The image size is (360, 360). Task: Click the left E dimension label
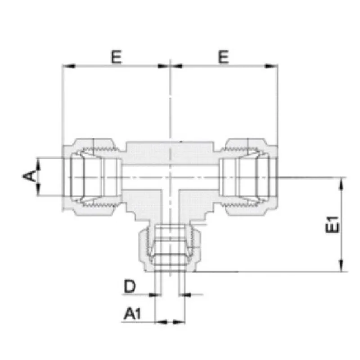pyautogui.click(x=117, y=57)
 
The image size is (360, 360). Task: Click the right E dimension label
pyautogui.click(x=223, y=57)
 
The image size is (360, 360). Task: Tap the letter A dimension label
pyautogui.click(x=29, y=176)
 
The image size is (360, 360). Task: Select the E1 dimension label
pyautogui.click(x=332, y=225)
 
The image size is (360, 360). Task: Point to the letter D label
pyautogui.click(x=130, y=286)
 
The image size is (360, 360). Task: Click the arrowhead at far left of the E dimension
pyautogui.click(x=69, y=66)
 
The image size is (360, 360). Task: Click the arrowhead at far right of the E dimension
pyautogui.click(x=271, y=66)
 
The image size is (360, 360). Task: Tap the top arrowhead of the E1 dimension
pyautogui.click(x=342, y=184)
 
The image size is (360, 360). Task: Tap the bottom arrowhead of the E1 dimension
pyautogui.click(x=342, y=265)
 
